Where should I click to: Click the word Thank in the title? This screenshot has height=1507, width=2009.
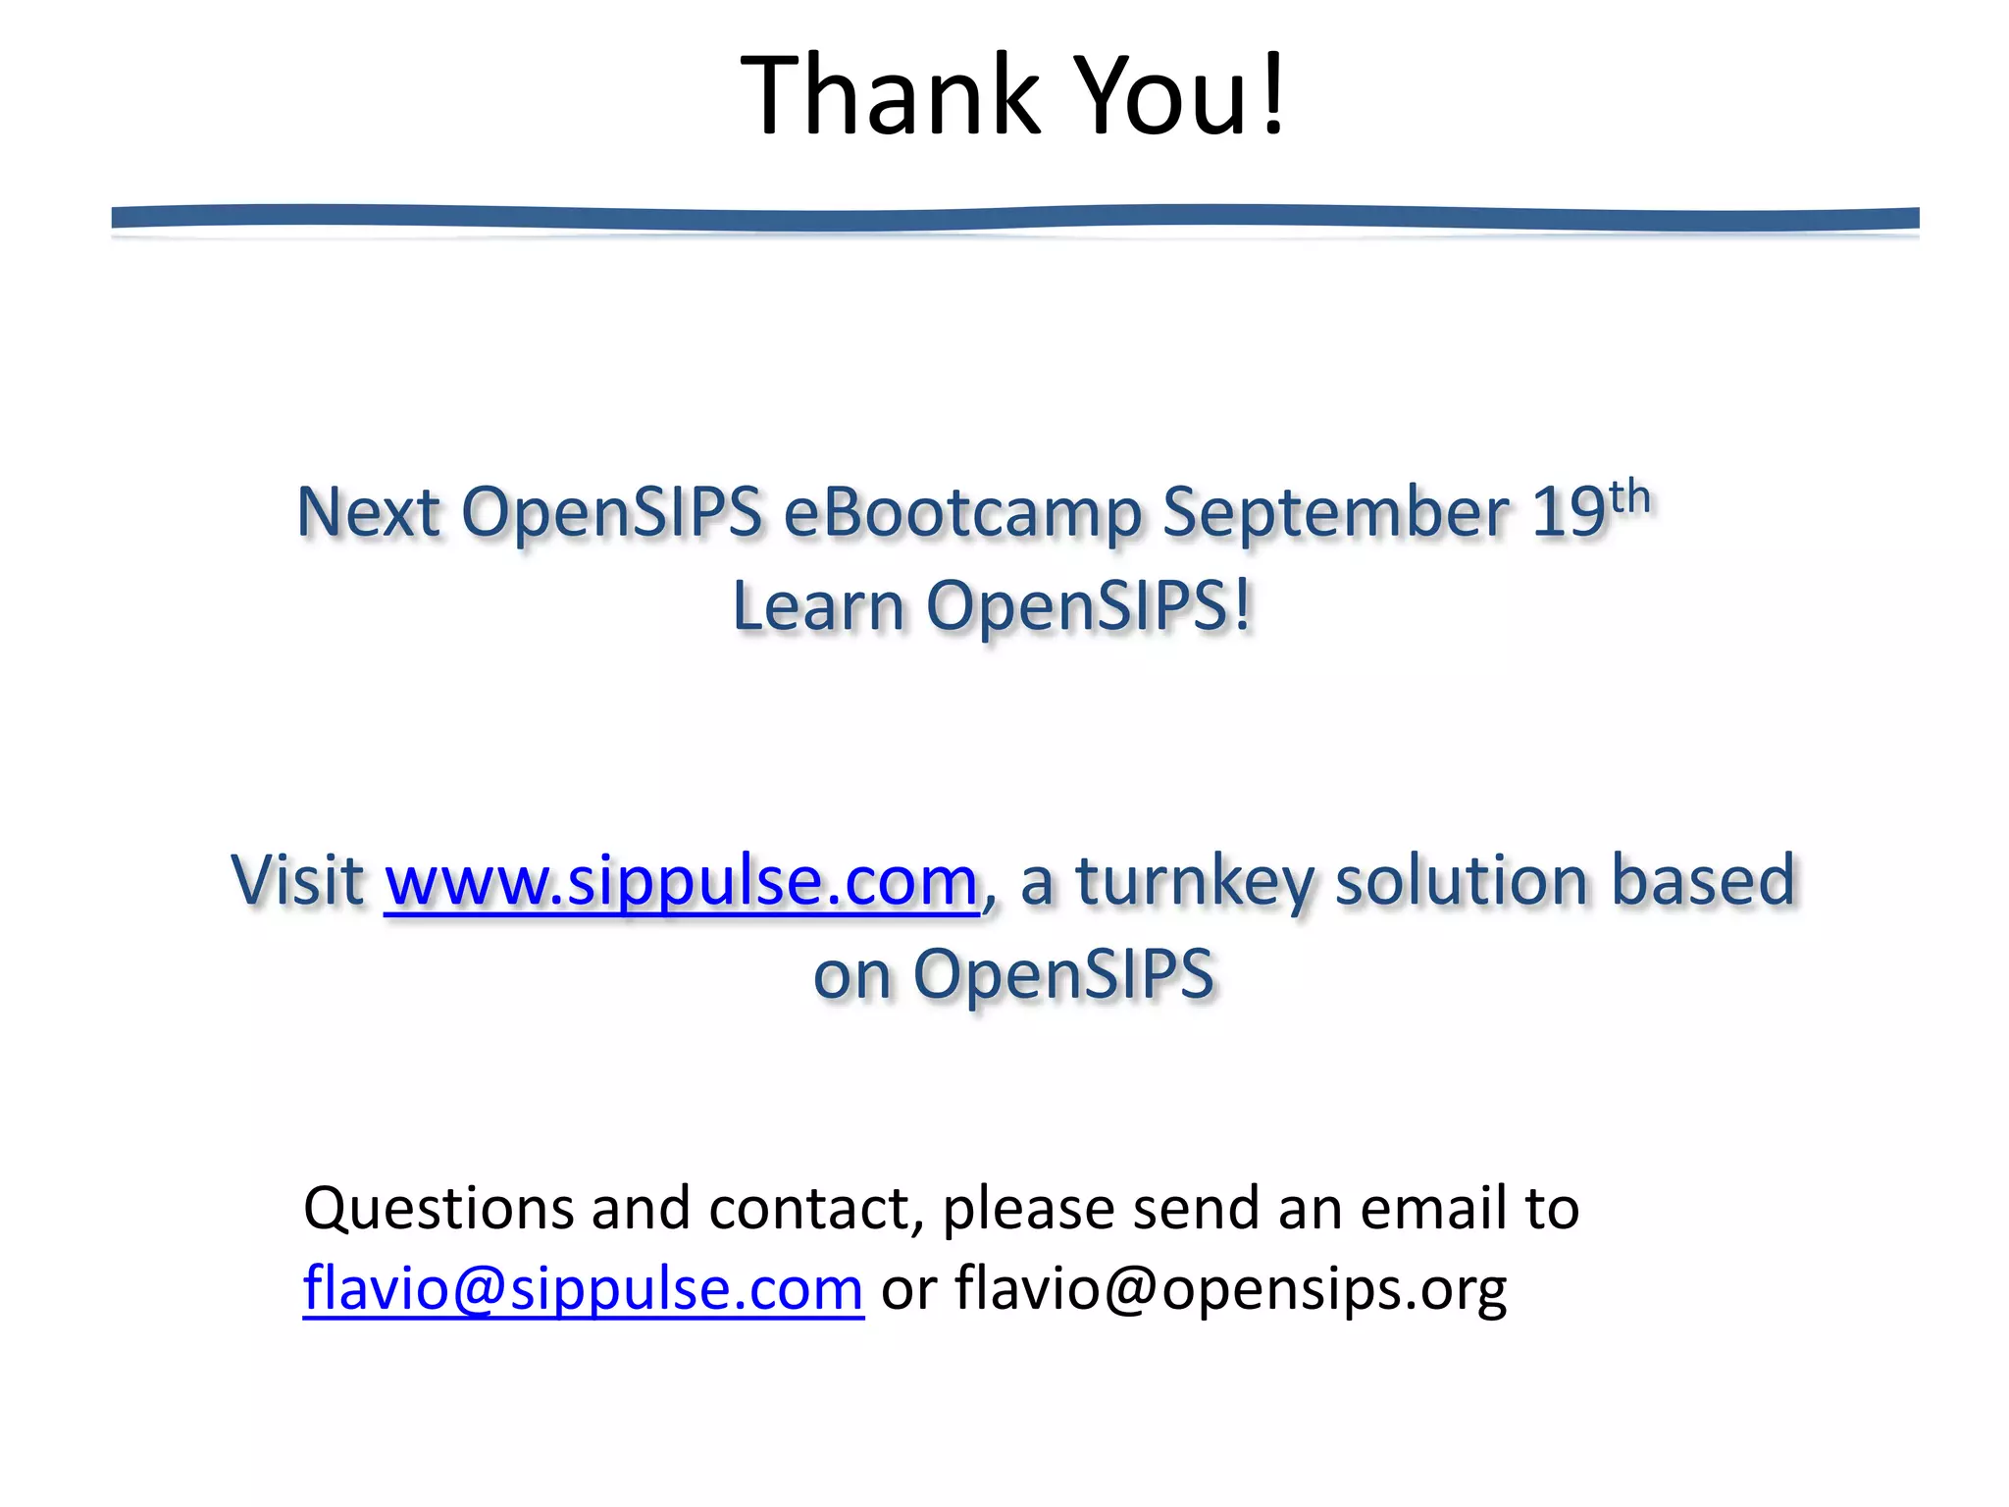890,96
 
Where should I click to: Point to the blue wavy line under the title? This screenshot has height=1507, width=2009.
1014,218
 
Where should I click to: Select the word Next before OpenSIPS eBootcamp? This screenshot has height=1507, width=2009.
368,513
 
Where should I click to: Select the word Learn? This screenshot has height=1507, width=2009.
818,606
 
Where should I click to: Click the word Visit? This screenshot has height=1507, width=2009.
297,880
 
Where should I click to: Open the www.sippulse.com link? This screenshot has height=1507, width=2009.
682,880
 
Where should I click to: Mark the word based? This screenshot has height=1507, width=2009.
1703,880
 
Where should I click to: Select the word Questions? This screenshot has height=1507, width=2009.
438,1208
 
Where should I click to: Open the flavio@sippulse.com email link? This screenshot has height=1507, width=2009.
583,1288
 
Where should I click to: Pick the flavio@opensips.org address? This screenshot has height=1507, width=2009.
1230,1288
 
